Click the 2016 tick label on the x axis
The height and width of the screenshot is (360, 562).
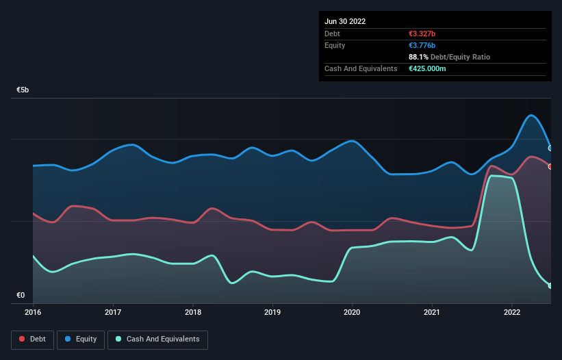(x=33, y=312)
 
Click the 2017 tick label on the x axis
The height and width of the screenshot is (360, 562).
(x=113, y=312)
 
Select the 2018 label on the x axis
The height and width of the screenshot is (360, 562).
(x=193, y=312)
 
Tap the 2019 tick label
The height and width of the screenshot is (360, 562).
(x=272, y=312)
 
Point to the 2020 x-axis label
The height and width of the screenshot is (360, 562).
(x=353, y=312)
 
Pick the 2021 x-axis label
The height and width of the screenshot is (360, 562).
(x=432, y=312)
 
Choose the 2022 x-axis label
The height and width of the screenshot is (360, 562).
(x=512, y=312)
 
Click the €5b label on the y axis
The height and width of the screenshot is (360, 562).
(x=23, y=90)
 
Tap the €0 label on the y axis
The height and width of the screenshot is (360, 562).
(x=21, y=296)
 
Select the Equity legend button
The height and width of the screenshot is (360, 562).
(x=81, y=339)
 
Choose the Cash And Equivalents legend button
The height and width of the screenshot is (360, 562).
(x=157, y=339)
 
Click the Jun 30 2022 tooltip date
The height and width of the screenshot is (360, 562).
(x=345, y=21)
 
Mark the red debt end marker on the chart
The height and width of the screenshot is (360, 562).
(x=550, y=166)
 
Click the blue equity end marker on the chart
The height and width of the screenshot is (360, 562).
(x=550, y=148)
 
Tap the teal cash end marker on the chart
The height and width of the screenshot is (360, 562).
(x=550, y=285)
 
